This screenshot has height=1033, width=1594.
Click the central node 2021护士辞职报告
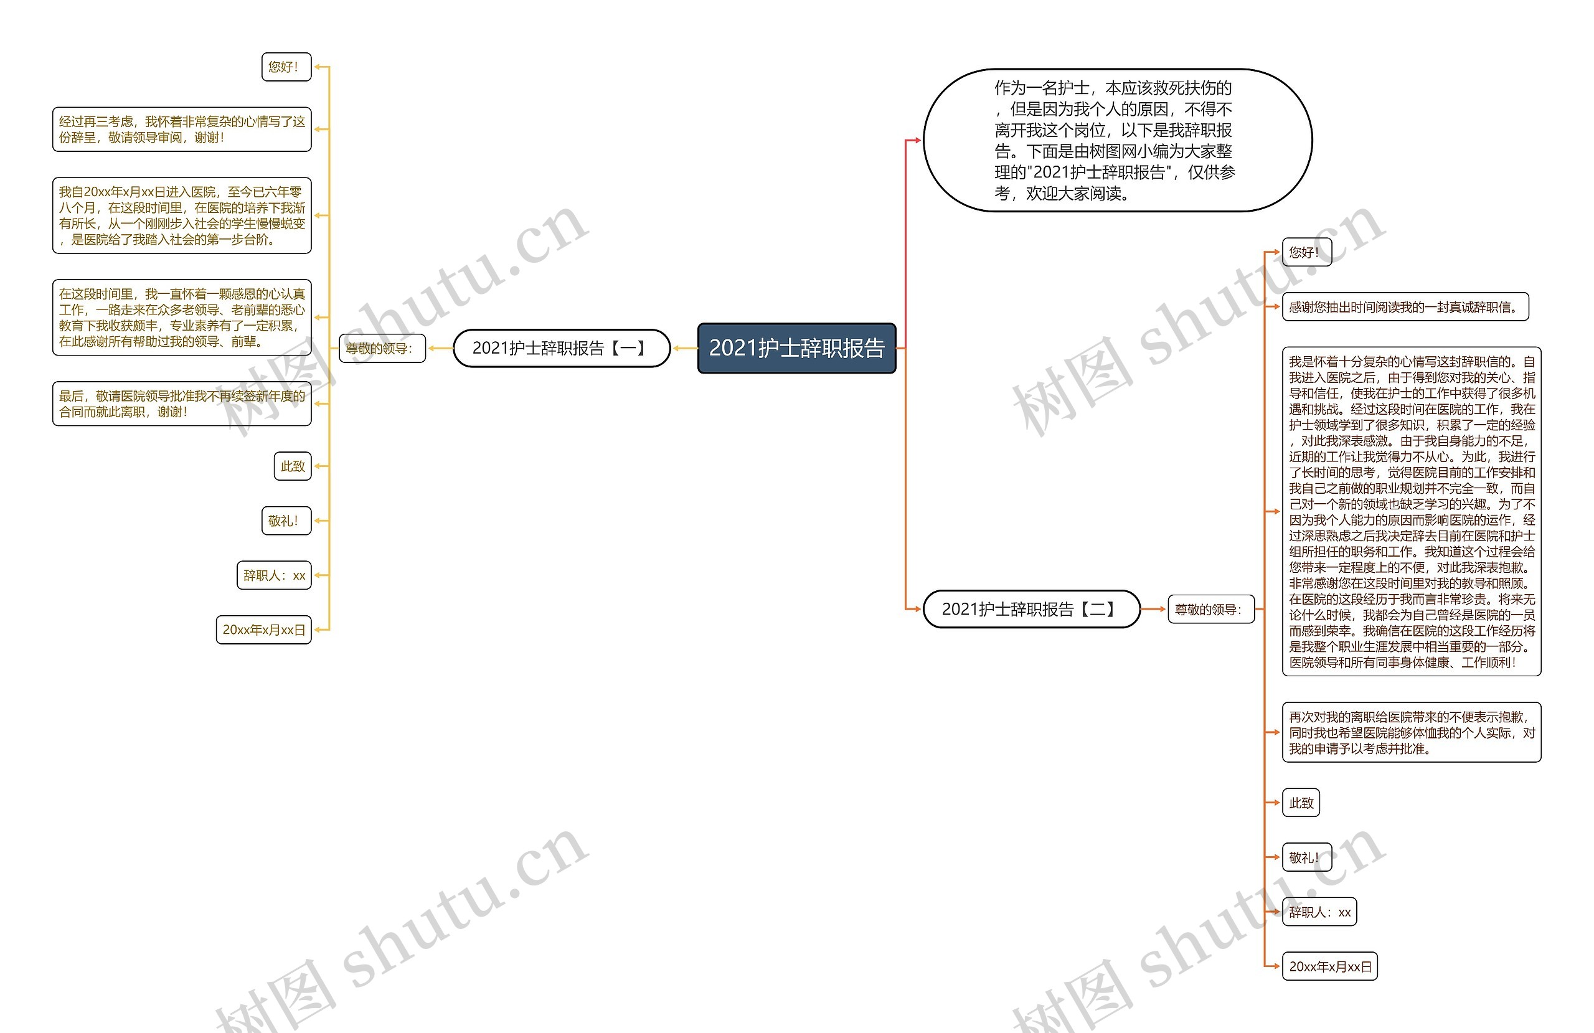[x=796, y=347]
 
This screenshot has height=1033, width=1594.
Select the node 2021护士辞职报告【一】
[x=561, y=347]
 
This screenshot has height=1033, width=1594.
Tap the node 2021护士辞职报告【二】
[x=1030, y=609]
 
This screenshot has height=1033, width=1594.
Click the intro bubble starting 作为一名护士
[x=1117, y=140]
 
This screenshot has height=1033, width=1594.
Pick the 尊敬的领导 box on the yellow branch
[x=382, y=348]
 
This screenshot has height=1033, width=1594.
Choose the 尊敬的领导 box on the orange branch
[x=1210, y=610]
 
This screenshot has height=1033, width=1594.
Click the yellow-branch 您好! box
[x=286, y=67]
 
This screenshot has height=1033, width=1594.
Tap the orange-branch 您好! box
[x=1306, y=253]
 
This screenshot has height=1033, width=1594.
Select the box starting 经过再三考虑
[x=181, y=130]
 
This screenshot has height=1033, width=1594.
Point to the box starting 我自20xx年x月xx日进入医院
[x=181, y=215]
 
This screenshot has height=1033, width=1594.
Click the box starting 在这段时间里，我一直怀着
[x=181, y=318]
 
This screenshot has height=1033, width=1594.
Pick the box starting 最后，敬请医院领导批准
[x=181, y=404]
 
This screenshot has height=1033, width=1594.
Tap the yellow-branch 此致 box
[x=293, y=466]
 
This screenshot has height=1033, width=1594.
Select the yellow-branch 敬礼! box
[x=286, y=521]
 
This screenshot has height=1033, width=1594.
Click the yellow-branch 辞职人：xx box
[x=274, y=575]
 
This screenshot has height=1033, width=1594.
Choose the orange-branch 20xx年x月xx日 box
[x=1329, y=966]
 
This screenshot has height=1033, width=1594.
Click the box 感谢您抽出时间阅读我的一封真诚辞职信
[x=1405, y=307]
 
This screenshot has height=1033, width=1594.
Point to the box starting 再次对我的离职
[x=1411, y=732]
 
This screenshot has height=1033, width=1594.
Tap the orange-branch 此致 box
[x=1301, y=803]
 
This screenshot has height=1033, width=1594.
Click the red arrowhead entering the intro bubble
[x=918, y=140]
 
